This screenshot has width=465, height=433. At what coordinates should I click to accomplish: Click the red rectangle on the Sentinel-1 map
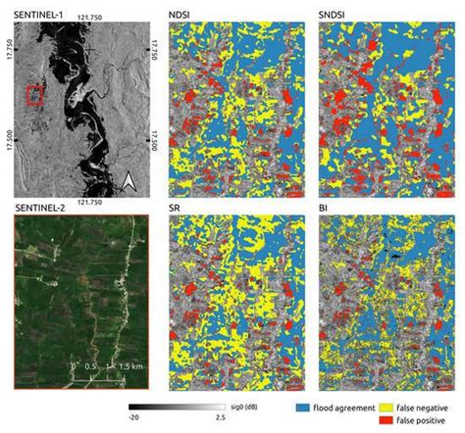(35, 95)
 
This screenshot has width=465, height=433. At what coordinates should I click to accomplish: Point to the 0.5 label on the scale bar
(91, 363)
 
